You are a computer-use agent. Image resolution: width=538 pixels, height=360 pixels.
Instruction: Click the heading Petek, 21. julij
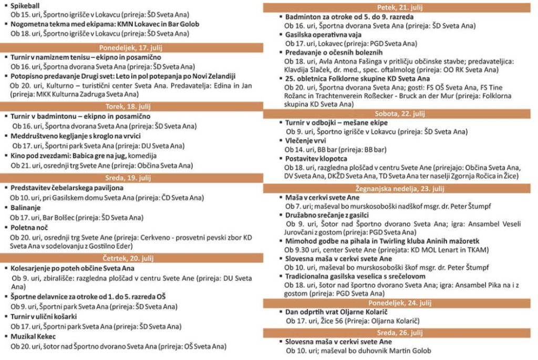(400, 7)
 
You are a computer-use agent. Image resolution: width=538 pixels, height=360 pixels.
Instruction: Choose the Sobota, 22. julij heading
(400, 114)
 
